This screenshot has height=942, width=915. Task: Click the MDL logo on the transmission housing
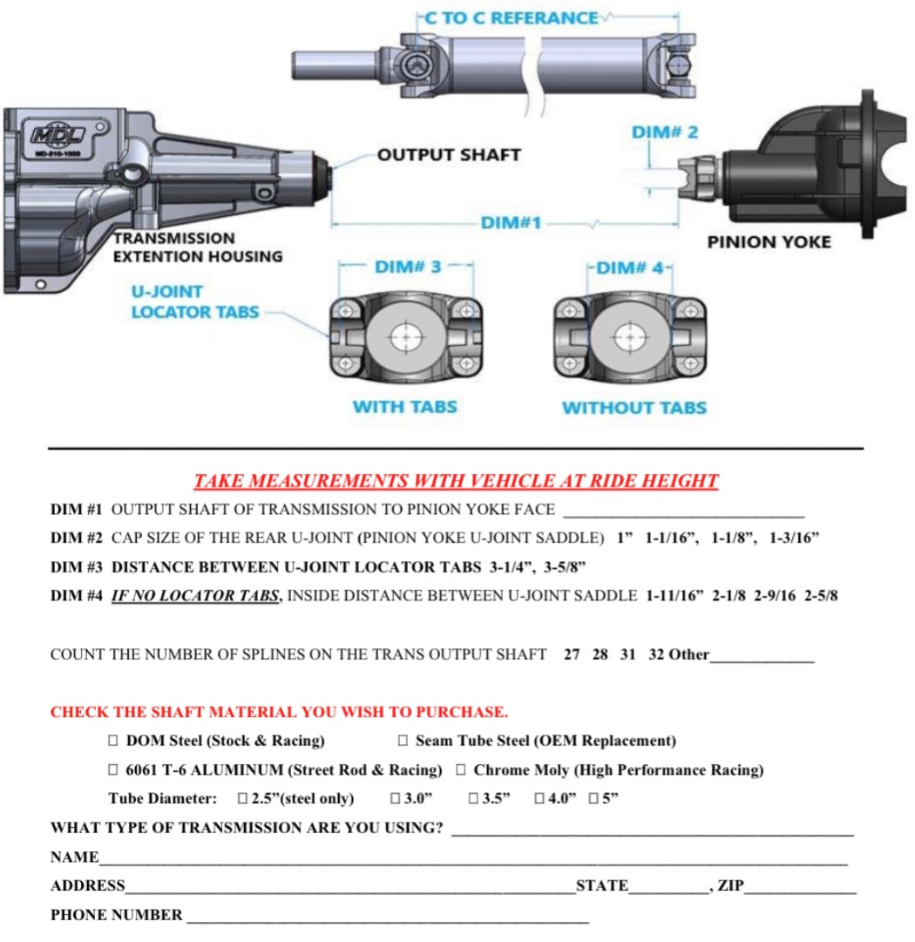coord(58,135)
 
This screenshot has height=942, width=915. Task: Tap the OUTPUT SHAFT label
coord(448,155)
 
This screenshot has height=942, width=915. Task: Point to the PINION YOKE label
coord(769,241)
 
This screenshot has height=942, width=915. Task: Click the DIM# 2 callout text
coord(664,132)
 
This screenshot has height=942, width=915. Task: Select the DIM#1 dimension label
coord(511,224)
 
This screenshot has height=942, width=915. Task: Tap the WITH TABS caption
coord(404,406)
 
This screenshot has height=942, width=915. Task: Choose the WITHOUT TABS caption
coord(634,407)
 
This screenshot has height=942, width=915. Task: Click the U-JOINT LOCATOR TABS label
coord(194,302)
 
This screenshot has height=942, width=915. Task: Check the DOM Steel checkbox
coord(113,741)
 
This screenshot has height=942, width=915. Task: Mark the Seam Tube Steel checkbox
coord(403,741)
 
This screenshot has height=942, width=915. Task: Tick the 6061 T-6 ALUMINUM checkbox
coord(113,769)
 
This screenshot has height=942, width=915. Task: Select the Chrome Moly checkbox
coord(461,769)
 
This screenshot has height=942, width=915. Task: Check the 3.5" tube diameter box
coord(473,798)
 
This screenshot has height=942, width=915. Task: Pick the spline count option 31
coord(627,654)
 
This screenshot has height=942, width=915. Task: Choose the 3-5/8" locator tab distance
coord(564,567)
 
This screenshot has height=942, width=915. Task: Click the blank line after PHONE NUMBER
coord(388,915)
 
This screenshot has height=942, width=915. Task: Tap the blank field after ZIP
coord(800,886)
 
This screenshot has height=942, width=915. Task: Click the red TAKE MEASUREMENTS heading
coord(456,480)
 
